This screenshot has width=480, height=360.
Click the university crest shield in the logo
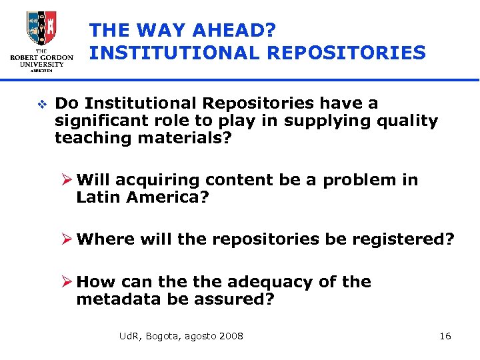(41, 28)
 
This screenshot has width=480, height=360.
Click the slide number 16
(445, 336)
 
